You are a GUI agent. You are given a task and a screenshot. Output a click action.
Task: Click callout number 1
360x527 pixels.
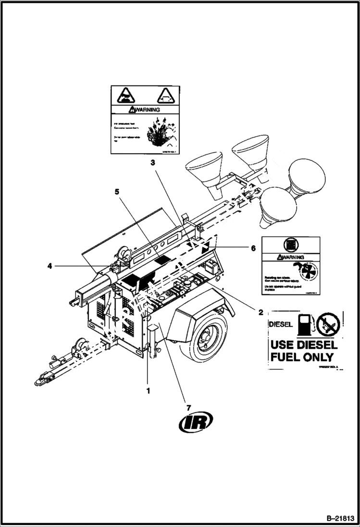[x=148, y=391]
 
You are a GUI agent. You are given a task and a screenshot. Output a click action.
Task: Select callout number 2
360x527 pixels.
[x=260, y=312]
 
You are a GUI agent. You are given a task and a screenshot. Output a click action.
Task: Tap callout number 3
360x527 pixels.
[x=152, y=163]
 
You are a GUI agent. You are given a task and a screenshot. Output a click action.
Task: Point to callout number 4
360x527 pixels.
[x=50, y=265]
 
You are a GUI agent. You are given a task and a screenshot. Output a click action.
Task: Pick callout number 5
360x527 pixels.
[x=116, y=191]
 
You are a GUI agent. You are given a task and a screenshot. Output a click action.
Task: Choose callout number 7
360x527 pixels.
[x=188, y=408]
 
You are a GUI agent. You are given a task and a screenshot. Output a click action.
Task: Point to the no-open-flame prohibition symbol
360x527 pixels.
[x=328, y=325]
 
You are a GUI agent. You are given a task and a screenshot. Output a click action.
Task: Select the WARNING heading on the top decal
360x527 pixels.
[x=146, y=110]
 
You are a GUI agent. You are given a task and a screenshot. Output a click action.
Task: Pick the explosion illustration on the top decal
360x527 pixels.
[x=157, y=131]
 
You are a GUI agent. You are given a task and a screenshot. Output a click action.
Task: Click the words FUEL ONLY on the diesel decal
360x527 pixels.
[x=302, y=357]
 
